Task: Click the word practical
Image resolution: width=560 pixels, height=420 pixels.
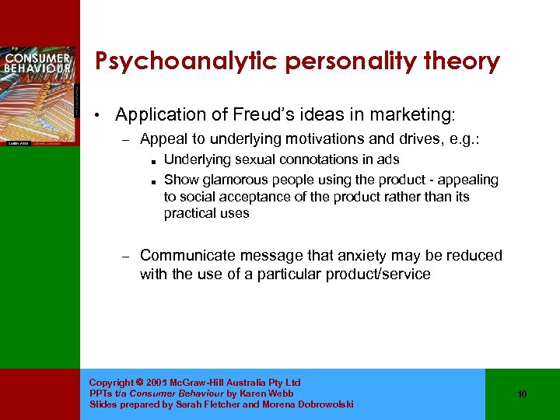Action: click(189, 214)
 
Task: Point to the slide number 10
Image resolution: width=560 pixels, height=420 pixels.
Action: click(522, 394)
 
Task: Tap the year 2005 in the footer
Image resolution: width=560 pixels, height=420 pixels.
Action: click(156, 383)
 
